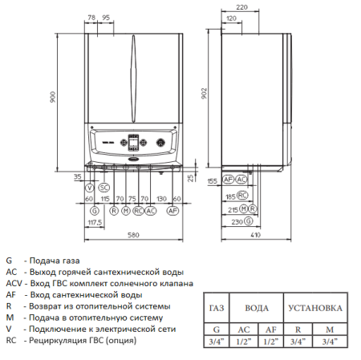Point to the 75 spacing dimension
point(131,197)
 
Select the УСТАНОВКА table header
point(318,308)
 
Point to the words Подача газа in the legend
point(48,261)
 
